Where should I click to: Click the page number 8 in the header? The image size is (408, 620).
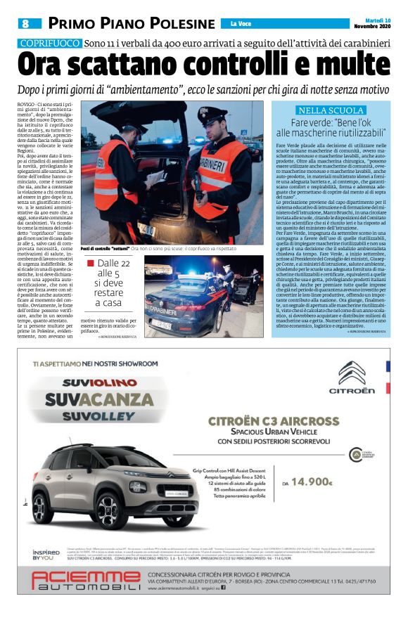[25, 24]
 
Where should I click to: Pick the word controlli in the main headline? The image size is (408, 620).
[233, 66]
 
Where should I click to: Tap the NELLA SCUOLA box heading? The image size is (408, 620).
[331, 110]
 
